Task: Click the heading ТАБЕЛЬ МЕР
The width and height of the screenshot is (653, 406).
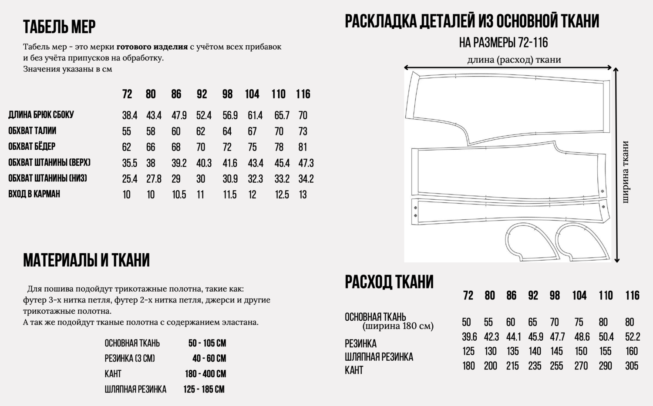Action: (59, 27)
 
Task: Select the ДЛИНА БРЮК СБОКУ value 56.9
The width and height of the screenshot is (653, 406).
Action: (230, 115)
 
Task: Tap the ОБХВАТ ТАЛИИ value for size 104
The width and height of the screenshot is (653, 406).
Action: (252, 131)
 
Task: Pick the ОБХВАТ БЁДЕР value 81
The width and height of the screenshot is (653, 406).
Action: (303, 147)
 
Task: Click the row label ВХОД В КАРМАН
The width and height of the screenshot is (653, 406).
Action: (34, 194)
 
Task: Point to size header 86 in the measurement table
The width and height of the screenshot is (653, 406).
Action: (176, 94)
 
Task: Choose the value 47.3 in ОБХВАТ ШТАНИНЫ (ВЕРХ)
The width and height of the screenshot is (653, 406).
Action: (306, 163)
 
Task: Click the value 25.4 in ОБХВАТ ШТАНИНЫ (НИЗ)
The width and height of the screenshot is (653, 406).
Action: (130, 179)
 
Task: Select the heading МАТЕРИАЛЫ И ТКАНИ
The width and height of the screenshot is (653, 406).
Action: (86, 260)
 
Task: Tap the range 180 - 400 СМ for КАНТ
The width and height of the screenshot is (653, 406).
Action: (205, 374)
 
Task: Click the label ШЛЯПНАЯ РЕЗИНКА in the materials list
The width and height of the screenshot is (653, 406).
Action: (135, 389)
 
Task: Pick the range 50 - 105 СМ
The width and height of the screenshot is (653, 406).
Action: (207, 343)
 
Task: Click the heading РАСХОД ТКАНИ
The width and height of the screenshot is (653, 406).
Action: (389, 282)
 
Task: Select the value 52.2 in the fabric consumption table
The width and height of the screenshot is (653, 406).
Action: (632, 337)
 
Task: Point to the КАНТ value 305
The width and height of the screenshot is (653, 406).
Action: (632, 366)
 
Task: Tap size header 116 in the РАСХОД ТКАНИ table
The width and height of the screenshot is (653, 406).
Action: (632, 296)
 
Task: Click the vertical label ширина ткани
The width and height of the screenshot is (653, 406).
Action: (626, 171)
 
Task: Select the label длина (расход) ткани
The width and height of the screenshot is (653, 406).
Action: (514, 60)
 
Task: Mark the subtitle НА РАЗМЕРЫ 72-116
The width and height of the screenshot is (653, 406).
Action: (503, 43)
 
